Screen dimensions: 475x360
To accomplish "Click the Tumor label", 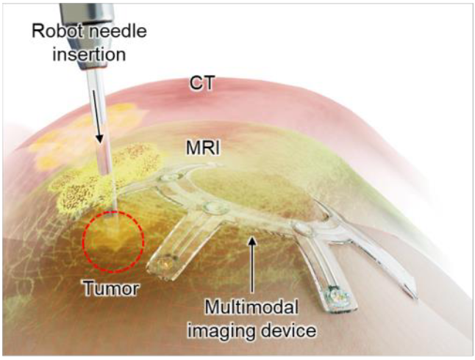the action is point(112,288).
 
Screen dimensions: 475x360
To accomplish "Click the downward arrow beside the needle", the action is point(99,132).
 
